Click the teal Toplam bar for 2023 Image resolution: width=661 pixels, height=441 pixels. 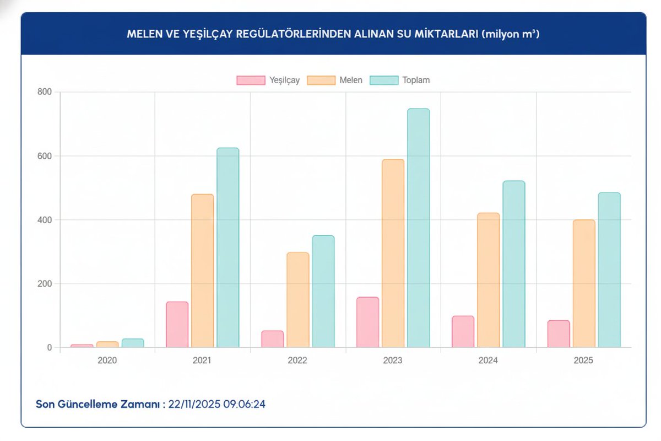[x=418, y=228]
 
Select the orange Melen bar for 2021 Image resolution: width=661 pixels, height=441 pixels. [x=202, y=271]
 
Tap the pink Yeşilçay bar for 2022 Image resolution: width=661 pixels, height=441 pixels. [x=272, y=339]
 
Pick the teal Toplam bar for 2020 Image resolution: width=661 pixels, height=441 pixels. [x=133, y=343]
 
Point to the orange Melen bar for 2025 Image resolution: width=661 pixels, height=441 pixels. [x=584, y=284]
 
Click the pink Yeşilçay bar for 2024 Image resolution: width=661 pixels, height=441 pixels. [x=463, y=332]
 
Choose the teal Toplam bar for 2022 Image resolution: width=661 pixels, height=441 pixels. [x=323, y=292]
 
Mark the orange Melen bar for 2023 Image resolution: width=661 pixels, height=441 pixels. [x=393, y=254]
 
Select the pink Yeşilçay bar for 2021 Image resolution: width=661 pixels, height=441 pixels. [x=177, y=325]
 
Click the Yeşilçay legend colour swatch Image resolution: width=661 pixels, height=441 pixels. [x=251, y=80]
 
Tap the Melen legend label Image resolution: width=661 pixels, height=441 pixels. [x=350, y=80]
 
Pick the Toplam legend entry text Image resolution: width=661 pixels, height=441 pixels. [x=416, y=80]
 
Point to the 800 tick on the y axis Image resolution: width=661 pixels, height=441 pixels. [x=45, y=92]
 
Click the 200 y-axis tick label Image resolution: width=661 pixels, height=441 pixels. [x=45, y=284]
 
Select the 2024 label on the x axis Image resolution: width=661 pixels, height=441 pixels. [x=488, y=361]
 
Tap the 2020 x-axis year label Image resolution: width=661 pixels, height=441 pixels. [x=107, y=361]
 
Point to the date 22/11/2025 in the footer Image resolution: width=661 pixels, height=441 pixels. [x=194, y=404]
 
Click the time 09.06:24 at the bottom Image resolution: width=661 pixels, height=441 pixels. [x=245, y=404]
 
